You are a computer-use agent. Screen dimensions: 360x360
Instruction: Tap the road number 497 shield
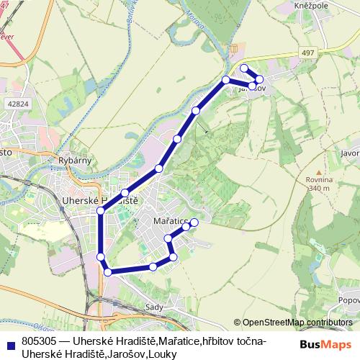click(x=308, y=53)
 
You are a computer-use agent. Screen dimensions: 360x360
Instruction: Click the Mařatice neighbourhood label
click(x=171, y=222)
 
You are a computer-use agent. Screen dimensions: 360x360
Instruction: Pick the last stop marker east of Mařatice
click(x=194, y=222)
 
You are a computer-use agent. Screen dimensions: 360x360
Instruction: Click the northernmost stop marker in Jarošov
click(x=244, y=68)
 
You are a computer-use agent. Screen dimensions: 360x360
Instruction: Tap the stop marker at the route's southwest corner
click(x=108, y=271)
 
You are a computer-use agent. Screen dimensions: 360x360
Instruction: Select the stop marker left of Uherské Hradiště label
click(x=100, y=211)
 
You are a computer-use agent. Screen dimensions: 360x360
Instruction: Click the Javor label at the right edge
click(x=350, y=153)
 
